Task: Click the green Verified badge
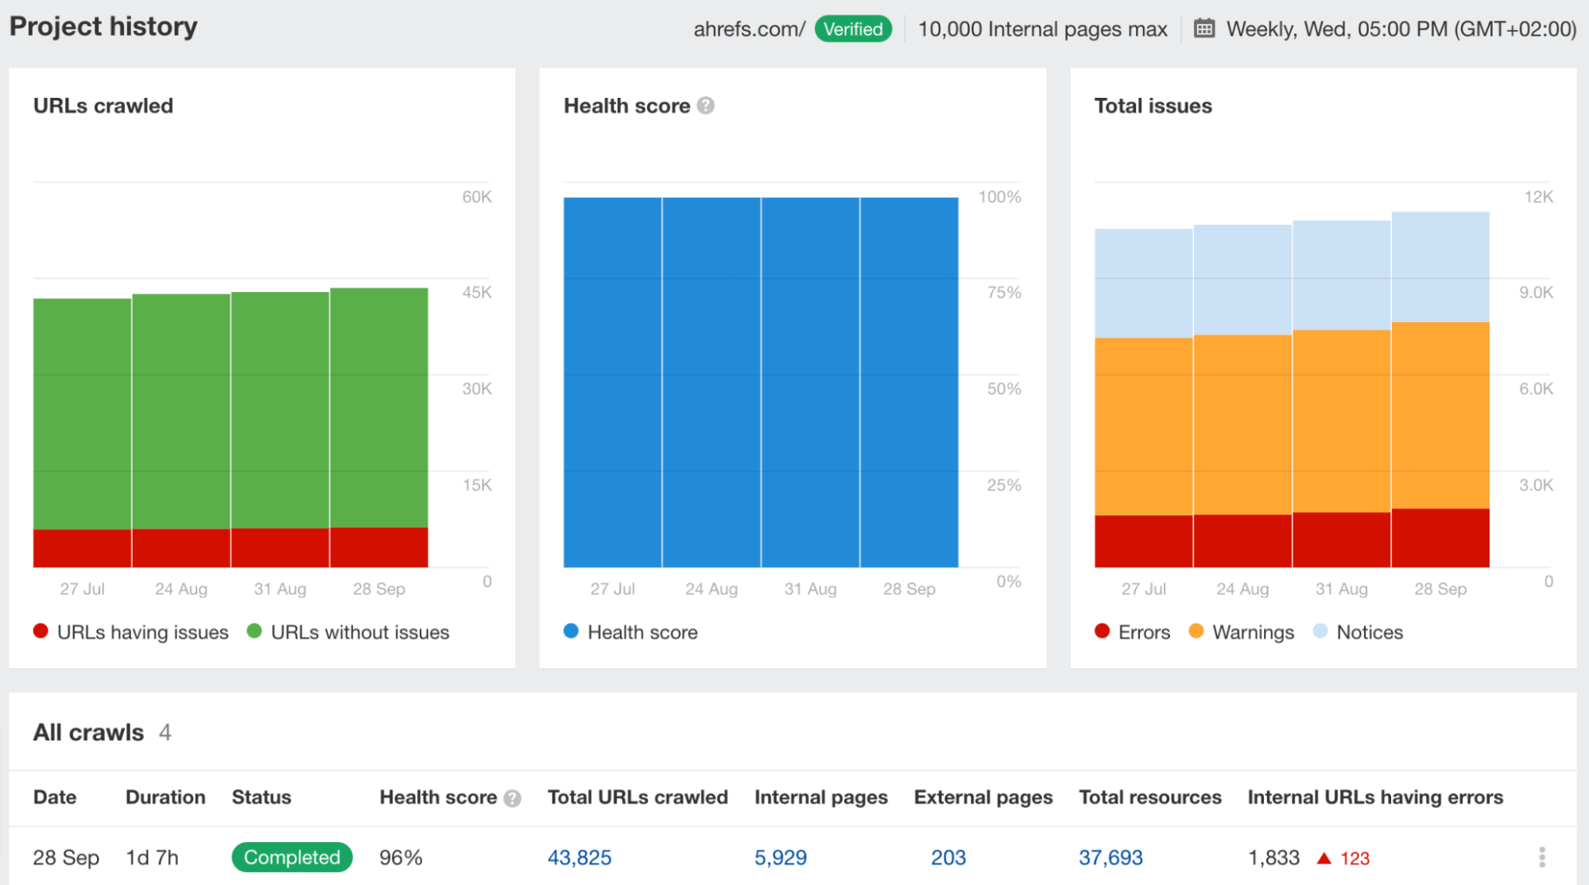pyautogui.click(x=853, y=29)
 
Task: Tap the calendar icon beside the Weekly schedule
pyautogui.click(x=1204, y=29)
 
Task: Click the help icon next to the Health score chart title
pyautogui.click(x=706, y=106)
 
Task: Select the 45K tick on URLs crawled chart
pyautogui.click(x=477, y=293)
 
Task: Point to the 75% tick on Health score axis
pyautogui.click(x=1004, y=293)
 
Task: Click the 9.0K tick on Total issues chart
pyautogui.click(x=1536, y=293)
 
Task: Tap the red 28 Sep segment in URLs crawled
pyautogui.click(x=379, y=547)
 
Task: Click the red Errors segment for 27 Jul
pyautogui.click(x=1143, y=541)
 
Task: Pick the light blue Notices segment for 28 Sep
pyautogui.click(x=1440, y=266)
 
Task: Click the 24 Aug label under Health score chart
pyautogui.click(x=711, y=589)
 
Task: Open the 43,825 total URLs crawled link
pyautogui.click(x=579, y=858)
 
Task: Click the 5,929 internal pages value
pyautogui.click(x=781, y=858)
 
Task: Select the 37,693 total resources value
pyautogui.click(x=1110, y=858)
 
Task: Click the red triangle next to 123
pyautogui.click(x=1324, y=859)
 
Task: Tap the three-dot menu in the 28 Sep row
pyautogui.click(x=1542, y=857)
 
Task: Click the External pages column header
pyautogui.click(x=983, y=798)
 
